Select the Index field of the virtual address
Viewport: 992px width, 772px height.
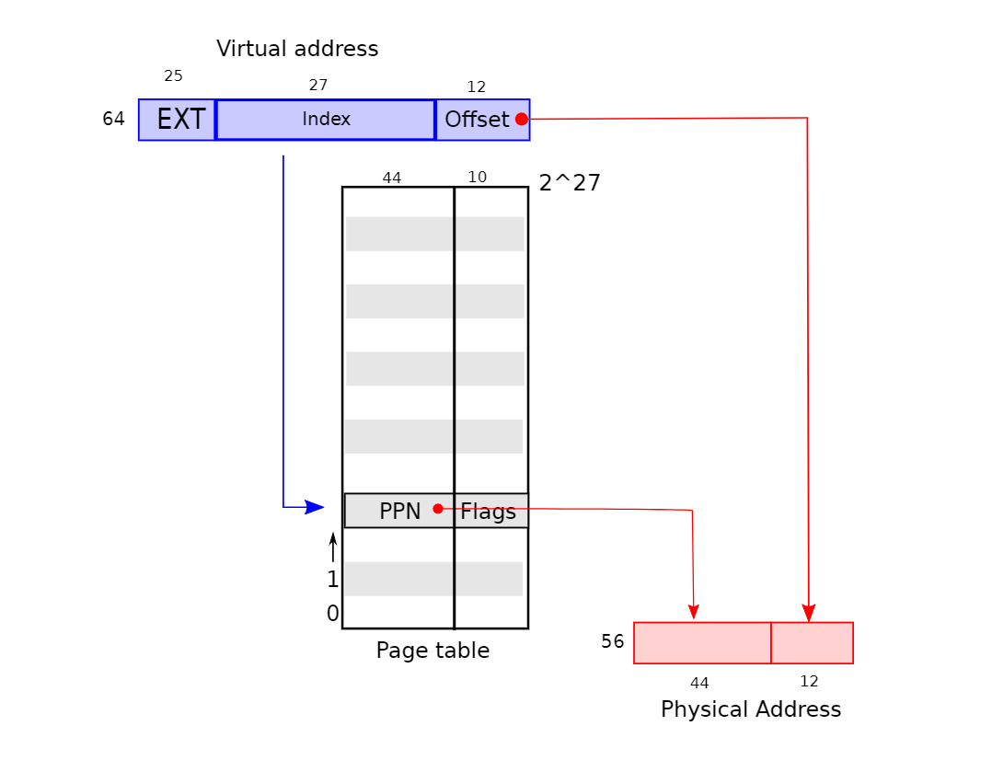point(326,120)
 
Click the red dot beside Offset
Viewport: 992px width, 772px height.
point(522,119)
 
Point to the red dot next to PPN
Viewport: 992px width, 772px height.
point(438,508)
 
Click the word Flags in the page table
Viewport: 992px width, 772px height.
point(489,512)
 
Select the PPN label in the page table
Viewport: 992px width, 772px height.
point(399,512)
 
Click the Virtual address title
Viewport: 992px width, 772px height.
point(297,49)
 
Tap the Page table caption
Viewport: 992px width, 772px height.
point(433,651)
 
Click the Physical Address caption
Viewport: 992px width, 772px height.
point(751,709)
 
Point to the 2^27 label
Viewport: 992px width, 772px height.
point(570,183)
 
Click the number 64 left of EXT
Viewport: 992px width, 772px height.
point(113,120)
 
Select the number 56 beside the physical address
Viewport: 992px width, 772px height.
point(613,642)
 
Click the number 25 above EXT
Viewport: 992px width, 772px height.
point(173,76)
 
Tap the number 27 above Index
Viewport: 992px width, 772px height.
point(318,86)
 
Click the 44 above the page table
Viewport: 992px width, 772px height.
point(392,178)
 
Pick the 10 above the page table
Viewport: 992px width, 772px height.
point(478,178)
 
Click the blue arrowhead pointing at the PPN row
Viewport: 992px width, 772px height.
point(315,507)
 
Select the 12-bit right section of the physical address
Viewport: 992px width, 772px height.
point(812,643)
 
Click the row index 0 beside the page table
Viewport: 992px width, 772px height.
point(332,614)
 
